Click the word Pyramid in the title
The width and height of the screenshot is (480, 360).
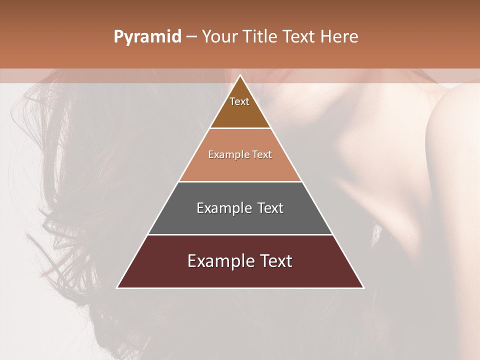tap(147, 37)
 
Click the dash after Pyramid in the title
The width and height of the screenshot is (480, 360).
tap(191, 37)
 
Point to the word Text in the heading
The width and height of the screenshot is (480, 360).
tap(299, 37)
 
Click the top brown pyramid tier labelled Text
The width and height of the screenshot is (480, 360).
tap(239, 107)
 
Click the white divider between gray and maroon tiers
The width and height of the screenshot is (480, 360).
tap(240, 234)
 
